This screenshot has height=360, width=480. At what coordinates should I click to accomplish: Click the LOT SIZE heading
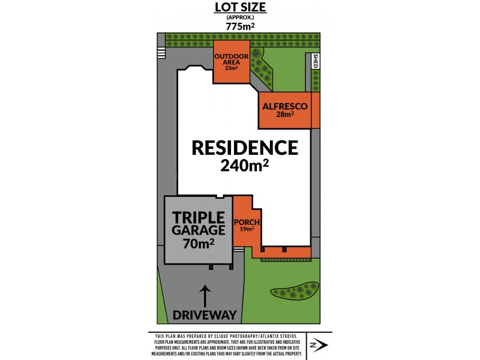[240, 8]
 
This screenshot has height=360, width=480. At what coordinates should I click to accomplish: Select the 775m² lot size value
[240, 26]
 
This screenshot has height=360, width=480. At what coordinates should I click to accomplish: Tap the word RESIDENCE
[245, 148]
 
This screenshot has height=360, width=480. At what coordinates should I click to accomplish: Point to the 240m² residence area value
[245, 166]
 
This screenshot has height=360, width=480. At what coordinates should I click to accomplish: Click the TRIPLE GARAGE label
[199, 223]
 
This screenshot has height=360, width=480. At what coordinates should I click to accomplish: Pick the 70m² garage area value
[199, 243]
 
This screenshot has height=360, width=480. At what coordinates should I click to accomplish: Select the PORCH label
[247, 221]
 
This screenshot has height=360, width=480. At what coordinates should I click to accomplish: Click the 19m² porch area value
[247, 229]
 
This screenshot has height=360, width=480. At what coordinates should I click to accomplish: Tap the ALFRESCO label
[285, 106]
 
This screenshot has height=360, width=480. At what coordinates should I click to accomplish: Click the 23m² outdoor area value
[231, 68]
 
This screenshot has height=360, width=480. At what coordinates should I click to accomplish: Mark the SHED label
[316, 62]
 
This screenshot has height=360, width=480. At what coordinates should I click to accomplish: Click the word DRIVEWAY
[205, 315]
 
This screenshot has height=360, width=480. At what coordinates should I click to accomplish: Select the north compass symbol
[318, 346]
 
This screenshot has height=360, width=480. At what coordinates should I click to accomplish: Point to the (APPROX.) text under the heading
[240, 17]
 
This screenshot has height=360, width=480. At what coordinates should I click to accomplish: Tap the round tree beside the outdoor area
[257, 53]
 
